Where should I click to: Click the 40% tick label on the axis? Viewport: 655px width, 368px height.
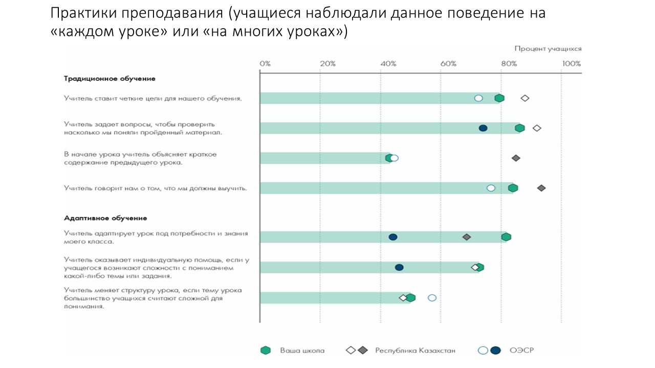(388, 64)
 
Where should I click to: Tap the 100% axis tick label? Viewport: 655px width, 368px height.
(571, 64)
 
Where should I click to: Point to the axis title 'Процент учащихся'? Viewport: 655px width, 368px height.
(548, 49)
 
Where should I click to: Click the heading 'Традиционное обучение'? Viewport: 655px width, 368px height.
(110, 79)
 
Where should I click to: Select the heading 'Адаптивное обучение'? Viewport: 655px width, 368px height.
(105, 218)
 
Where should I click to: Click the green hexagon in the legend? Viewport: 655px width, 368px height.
(265, 350)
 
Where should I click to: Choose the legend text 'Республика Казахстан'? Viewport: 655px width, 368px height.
(415, 351)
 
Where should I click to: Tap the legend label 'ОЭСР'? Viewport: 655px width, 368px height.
(518, 351)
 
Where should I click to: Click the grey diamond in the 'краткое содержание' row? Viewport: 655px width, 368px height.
(516, 158)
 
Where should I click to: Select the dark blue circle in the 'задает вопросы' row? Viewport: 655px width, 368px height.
(483, 128)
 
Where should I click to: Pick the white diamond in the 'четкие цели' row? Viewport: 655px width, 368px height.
(525, 98)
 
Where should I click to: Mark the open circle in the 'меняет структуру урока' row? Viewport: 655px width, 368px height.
(432, 298)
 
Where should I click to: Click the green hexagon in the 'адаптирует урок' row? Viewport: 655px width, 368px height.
(506, 237)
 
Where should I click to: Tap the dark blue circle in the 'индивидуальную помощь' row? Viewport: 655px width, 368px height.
(399, 267)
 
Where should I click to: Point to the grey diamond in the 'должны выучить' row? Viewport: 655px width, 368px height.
(541, 188)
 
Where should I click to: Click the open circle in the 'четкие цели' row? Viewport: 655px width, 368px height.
(478, 98)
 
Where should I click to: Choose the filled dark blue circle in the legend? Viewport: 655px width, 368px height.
(495, 350)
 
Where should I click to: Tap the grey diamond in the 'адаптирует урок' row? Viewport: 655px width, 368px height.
(466, 237)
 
